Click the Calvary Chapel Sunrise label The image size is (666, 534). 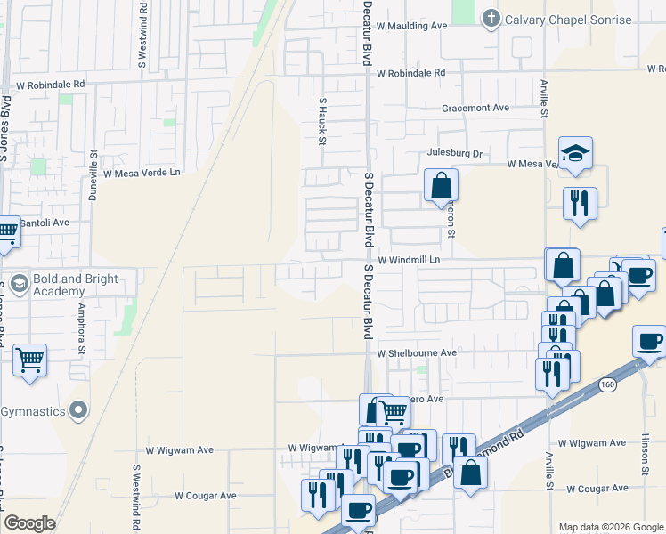pos(569,20)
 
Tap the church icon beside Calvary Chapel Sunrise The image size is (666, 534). pos(491,19)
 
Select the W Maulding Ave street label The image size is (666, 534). pos(411,26)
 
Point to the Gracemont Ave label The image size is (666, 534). pos(475,108)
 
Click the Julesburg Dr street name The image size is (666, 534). pos(454,153)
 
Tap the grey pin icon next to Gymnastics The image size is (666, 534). pos(78,410)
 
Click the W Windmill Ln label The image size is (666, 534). pos(410,261)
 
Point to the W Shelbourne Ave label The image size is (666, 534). pos(416,353)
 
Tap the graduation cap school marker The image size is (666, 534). pos(575,152)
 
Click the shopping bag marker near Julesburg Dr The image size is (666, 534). pos(441,186)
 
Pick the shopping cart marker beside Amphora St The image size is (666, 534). pos(30,360)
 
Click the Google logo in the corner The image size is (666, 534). pos(29,523)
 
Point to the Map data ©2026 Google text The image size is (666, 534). pos(610,527)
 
